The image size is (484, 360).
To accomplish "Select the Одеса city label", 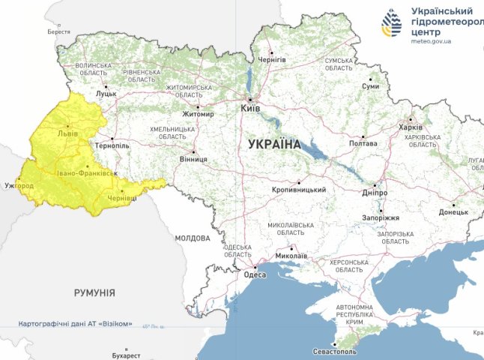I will point(255,274).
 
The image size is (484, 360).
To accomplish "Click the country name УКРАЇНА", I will point(273,144).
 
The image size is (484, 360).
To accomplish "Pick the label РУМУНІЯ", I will point(94,293).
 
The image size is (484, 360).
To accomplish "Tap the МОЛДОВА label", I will point(193,238).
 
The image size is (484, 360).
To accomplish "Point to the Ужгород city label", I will point(19,184).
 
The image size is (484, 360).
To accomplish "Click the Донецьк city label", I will point(453,212).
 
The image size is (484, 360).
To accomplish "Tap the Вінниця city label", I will point(193,159).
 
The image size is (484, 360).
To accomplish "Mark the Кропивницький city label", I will point(299,190).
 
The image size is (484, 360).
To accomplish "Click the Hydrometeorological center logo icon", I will point(391,24).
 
